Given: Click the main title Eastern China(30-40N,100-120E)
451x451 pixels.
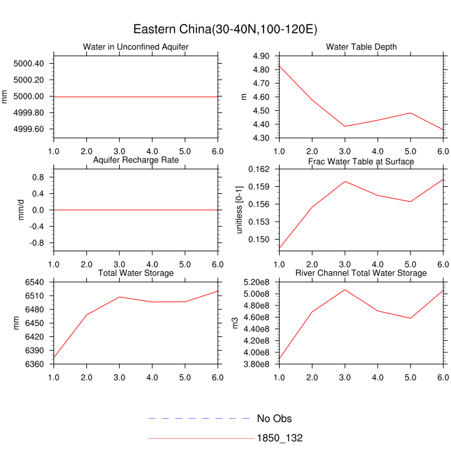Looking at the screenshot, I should click(225, 30).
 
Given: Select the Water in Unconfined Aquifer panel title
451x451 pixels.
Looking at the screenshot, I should click(136, 47).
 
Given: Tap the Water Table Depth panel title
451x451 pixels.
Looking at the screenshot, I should click(361, 47).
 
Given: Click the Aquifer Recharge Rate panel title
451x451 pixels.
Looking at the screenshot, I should click(136, 160).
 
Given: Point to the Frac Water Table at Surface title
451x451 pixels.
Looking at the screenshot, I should click(361, 161).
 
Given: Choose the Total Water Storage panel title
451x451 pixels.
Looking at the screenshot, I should click(136, 273).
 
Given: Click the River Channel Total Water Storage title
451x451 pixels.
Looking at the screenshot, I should click(361, 273).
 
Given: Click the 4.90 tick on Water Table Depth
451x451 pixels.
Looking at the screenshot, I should click(261, 57).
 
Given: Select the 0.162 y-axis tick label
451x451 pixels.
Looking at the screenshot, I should click(259, 169).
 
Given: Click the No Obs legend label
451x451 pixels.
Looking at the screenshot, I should click(274, 419).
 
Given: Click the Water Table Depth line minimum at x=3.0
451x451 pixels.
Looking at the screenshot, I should click(345, 126).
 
